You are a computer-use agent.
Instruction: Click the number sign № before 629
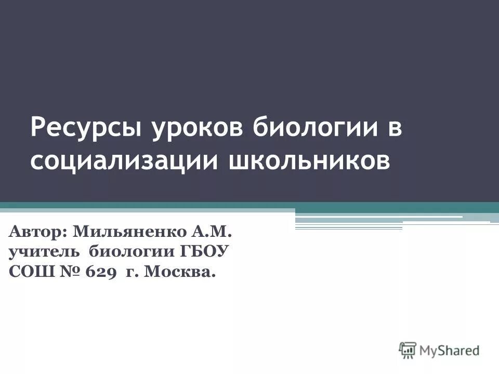pyautogui.click(x=64, y=272)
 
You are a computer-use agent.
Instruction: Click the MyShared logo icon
pyautogui.click(x=408, y=351)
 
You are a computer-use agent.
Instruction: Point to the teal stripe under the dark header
pyautogui.click(x=249, y=205)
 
